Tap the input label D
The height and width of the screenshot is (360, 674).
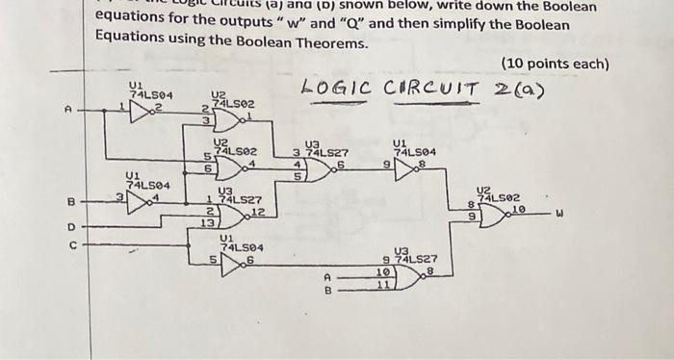69,227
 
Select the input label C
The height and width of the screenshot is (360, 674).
69,245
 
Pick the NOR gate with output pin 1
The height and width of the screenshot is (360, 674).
232,119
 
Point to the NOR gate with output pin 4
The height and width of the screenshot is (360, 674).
232,167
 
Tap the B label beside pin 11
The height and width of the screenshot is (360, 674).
327,288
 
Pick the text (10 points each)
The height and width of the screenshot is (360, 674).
556,64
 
